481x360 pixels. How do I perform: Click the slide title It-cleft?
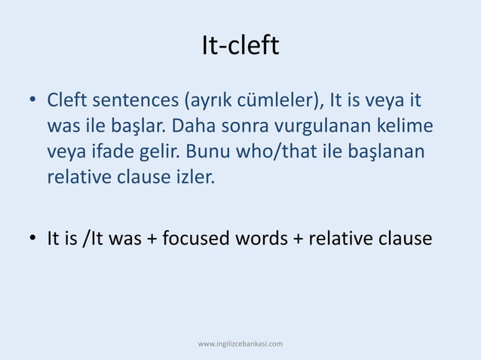pyautogui.click(x=240, y=47)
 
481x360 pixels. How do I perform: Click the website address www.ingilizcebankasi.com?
pyautogui.click(x=240, y=344)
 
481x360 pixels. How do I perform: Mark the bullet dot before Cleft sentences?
pyautogui.click(x=33, y=100)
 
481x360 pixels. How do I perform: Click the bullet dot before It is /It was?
pyautogui.click(x=33, y=239)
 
